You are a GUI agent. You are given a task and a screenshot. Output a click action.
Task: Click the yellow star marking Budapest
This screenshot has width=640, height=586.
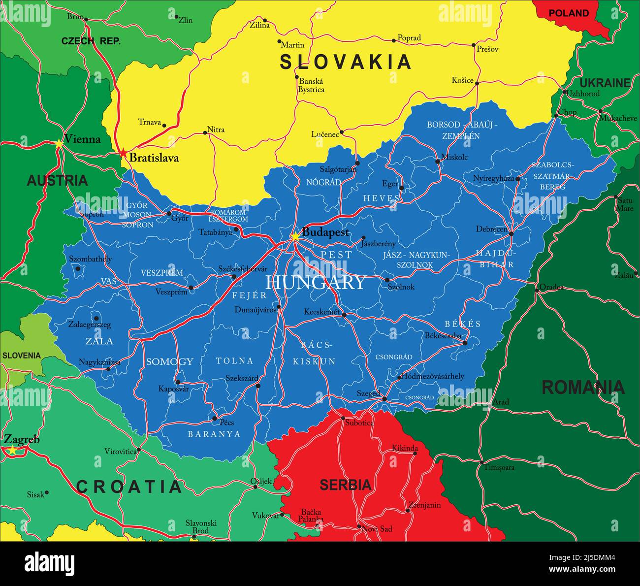[295, 237]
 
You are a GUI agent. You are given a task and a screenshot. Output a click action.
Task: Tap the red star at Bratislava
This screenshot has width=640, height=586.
[123, 153]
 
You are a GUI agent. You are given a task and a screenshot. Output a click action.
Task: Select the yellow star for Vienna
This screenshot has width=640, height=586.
[59, 144]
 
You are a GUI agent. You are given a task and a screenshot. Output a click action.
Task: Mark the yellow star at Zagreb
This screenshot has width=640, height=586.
[12, 450]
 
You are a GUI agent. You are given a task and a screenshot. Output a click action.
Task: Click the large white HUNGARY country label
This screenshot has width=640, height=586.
[315, 283]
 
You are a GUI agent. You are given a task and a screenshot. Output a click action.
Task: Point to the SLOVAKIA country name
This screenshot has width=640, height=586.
[346, 62]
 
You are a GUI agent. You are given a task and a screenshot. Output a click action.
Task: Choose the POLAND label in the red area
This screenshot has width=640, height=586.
[569, 13]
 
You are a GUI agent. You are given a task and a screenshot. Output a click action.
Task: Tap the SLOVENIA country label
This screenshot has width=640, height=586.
[21, 355]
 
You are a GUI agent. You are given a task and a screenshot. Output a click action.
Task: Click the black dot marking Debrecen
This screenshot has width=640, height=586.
[511, 234]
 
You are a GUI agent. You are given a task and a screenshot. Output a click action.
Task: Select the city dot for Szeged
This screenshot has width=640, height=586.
[384, 398]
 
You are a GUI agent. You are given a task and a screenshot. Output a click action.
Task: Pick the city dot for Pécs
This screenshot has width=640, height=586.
[214, 419]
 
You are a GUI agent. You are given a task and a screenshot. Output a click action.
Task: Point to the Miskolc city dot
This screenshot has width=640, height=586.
[437, 161]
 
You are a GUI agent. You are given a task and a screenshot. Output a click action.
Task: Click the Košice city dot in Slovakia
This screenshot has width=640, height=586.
[477, 83]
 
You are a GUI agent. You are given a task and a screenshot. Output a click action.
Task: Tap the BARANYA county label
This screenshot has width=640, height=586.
[214, 434]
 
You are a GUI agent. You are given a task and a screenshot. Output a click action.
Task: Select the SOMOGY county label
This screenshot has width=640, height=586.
[169, 361]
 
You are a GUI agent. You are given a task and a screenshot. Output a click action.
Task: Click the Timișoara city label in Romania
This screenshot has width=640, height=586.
[499, 467]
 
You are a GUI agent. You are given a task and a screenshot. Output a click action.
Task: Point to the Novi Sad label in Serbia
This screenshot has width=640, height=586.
[378, 529]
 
